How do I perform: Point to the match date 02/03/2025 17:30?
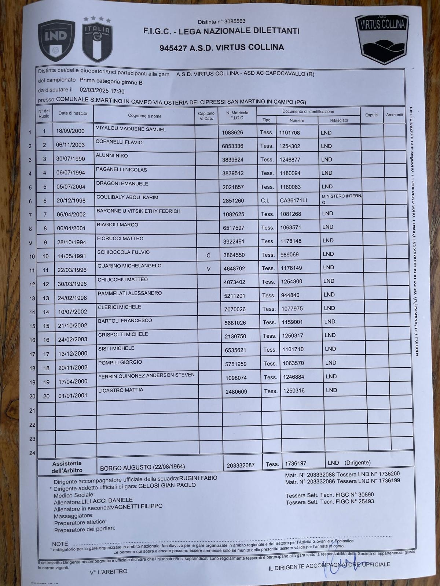(x=102, y=91)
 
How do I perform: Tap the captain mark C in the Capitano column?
(x=208, y=255)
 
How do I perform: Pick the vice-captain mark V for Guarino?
(x=209, y=269)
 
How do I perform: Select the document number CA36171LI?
(x=294, y=200)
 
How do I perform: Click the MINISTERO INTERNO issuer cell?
(x=341, y=199)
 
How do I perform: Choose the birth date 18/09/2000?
(x=70, y=131)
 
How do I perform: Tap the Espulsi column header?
(x=371, y=115)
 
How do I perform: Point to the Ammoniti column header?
(x=395, y=115)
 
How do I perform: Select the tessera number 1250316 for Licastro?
(x=294, y=391)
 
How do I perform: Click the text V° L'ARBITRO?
(x=109, y=571)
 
